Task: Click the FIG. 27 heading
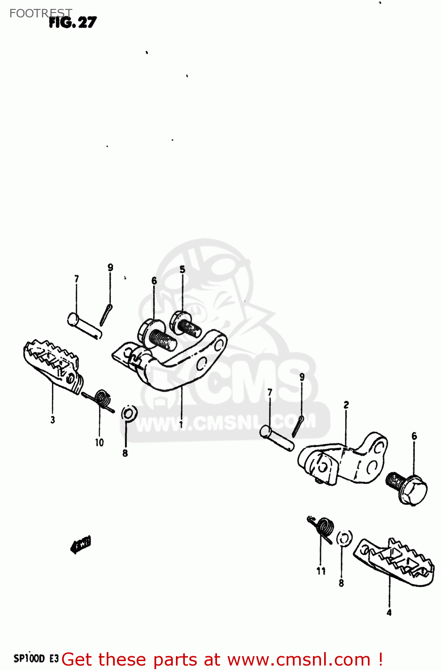pos(73,22)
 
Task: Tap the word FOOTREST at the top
pos(41,13)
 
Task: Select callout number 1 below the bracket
pos(181,424)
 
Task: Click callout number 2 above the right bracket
pos(346,405)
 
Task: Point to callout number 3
pos(53,420)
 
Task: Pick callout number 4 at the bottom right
pos(389,612)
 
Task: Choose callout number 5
pos(182,269)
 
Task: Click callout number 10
pos(99,442)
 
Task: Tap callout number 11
pos(321,570)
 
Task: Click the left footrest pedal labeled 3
pos(53,366)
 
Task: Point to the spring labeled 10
pos(101,398)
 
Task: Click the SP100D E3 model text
pos(36,658)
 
